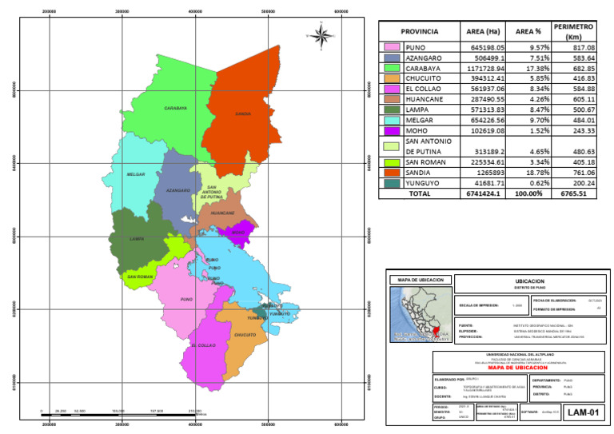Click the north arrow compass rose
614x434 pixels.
tap(321, 34)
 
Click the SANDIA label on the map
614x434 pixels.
tap(243, 113)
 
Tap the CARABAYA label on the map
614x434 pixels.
tap(175, 107)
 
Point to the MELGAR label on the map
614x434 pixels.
tap(136, 173)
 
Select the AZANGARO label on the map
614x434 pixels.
tap(177, 190)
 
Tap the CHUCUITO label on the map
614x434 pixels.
tap(245, 334)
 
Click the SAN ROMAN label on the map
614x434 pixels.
tap(140, 277)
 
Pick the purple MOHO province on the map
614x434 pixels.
tap(237, 233)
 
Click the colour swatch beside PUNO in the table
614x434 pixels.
tap(392, 48)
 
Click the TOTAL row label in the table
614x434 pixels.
tap(419, 193)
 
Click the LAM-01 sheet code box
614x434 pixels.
tap(579, 412)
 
